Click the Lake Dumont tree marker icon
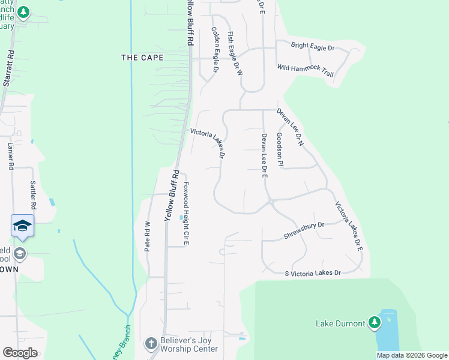click(375, 323)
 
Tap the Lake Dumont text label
click(340, 324)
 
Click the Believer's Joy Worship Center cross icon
click(151, 344)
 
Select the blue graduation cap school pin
click(22, 226)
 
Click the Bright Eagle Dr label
click(312, 46)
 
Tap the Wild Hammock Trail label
click(305, 69)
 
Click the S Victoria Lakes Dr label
click(313, 273)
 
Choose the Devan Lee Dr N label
click(291, 127)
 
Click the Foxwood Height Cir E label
click(186, 205)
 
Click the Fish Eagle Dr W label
click(234, 53)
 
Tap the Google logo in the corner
click(20, 353)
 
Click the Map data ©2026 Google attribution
click(412, 355)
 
